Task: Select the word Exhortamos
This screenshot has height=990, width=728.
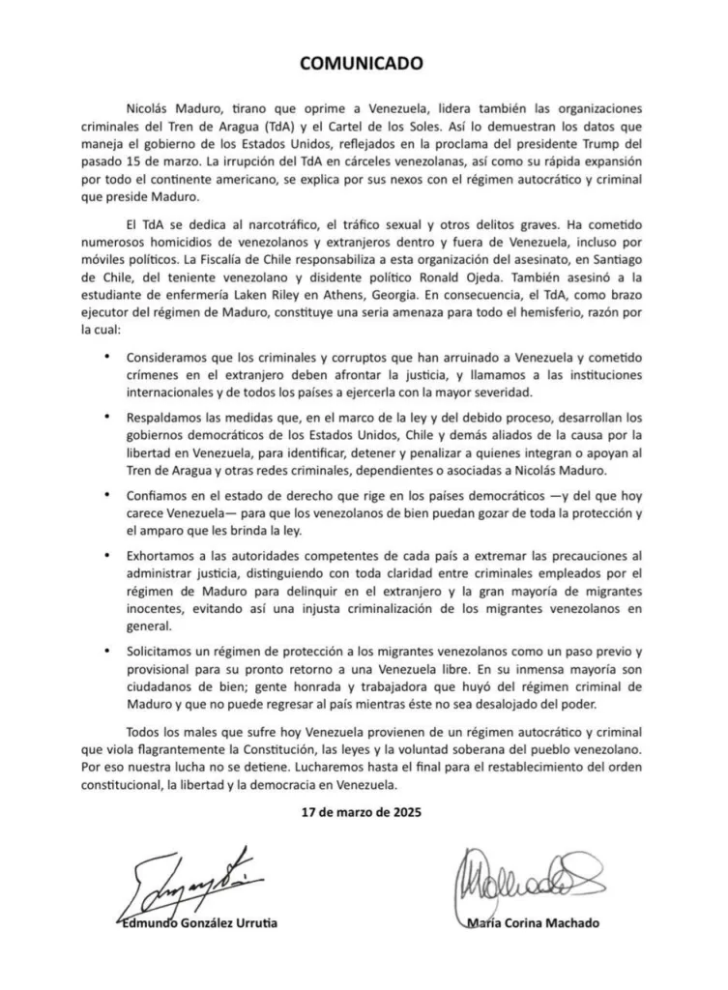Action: pyautogui.click(x=165, y=555)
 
